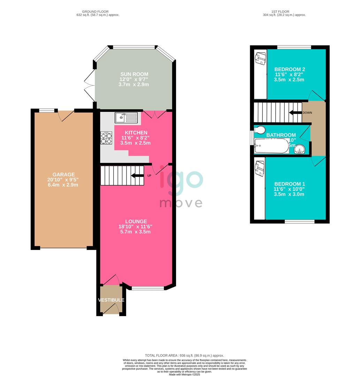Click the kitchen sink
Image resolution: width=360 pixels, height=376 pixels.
click(126, 117)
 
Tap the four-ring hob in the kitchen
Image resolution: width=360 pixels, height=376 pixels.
click(106, 138)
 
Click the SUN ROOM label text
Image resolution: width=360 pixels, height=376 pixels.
click(134, 74)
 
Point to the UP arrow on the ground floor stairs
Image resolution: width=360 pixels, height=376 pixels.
click(138, 175)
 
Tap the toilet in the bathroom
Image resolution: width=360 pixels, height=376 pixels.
click(259, 130)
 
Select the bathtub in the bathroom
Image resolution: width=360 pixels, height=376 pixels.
click(271, 146)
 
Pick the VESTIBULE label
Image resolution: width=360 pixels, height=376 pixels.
click(111, 300)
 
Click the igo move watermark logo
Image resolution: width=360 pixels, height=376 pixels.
click(181, 190)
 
